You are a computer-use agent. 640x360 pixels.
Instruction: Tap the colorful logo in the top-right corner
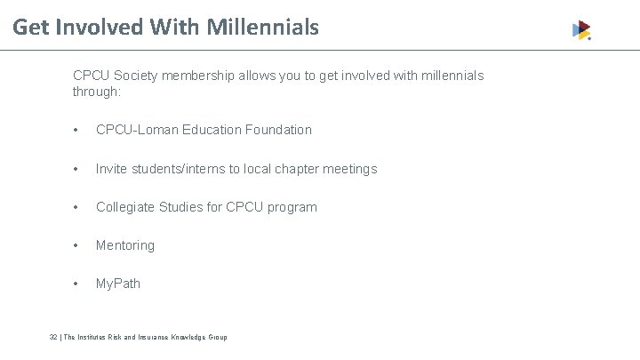(x=581, y=30)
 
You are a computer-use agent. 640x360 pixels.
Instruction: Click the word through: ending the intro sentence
(x=96, y=92)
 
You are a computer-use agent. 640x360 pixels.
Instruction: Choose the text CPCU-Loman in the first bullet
(x=136, y=130)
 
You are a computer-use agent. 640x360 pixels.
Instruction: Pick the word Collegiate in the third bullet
(x=124, y=207)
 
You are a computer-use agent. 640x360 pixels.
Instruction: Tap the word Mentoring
(x=125, y=245)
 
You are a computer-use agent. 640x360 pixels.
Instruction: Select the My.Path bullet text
(x=118, y=284)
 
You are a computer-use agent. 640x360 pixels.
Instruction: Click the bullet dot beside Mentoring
(x=78, y=246)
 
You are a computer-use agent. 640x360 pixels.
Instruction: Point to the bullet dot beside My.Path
(x=78, y=284)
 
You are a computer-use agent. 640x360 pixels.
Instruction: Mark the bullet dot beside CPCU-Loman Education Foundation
(x=78, y=131)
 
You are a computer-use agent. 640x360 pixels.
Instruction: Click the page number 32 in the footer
(x=53, y=338)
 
